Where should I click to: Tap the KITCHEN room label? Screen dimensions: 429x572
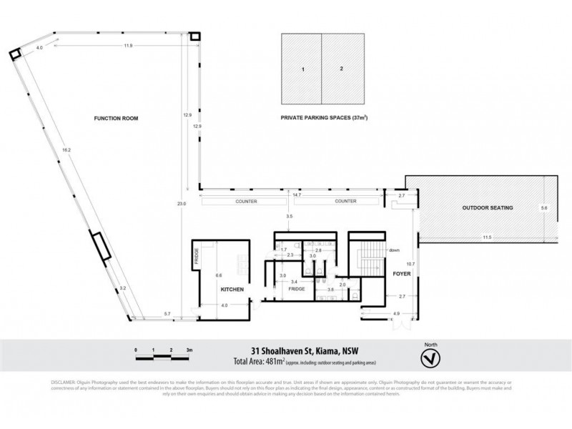click(232, 290)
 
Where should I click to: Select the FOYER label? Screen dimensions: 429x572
click(398, 274)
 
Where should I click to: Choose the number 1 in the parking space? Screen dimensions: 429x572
click(303, 69)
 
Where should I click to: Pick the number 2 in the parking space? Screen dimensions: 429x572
click(342, 69)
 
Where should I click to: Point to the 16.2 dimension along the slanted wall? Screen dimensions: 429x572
click(66, 151)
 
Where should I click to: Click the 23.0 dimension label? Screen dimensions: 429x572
click(182, 204)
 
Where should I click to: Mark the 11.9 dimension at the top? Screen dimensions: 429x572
click(128, 46)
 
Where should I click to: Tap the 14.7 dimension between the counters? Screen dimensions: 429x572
click(295, 194)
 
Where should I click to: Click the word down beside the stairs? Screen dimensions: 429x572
click(394, 250)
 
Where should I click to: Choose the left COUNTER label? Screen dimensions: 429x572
click(247, 202)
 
